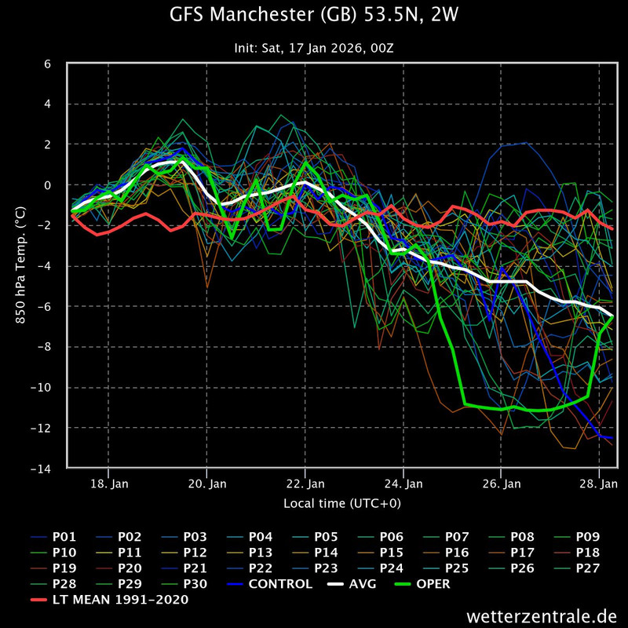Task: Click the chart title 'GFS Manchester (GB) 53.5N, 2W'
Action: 314,15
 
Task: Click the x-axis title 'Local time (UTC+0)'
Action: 342,502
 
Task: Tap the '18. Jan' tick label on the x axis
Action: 109,483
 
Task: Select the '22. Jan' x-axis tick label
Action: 305,483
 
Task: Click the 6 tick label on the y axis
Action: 47,64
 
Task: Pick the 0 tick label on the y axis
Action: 47,185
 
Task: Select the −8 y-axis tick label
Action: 44,347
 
